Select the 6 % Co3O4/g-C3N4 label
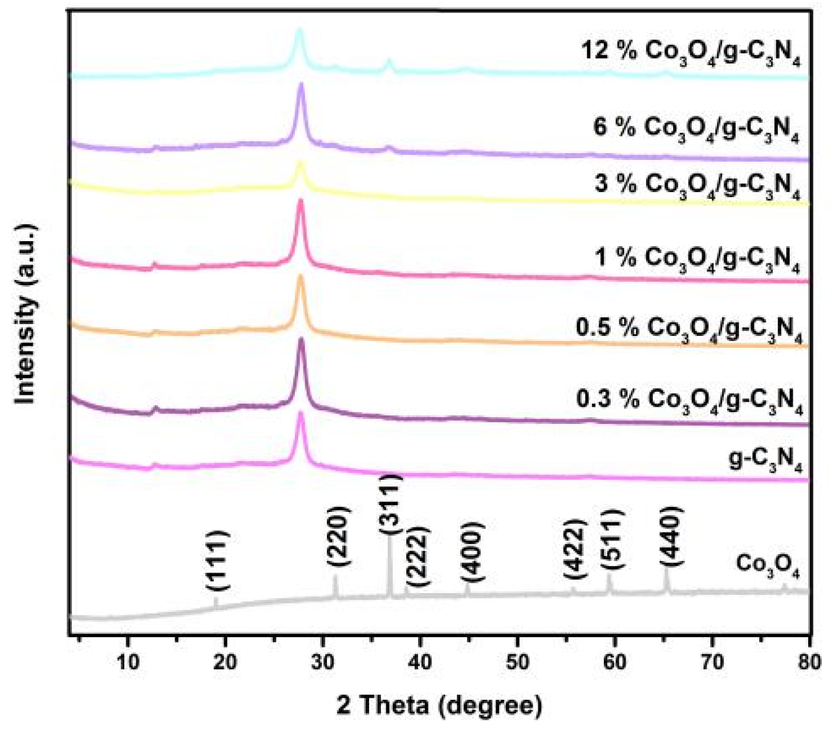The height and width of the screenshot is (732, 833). coord(696,129)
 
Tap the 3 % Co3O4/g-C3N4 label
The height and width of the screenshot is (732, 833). coord(697,185)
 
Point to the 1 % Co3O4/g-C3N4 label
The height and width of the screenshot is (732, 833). coord(697,259)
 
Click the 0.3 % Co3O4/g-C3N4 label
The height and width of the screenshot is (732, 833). coord(689,401)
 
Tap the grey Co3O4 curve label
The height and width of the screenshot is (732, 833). coord(768,567)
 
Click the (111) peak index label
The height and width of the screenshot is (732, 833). coord(217,561)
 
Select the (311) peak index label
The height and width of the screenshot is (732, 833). coord(390,503)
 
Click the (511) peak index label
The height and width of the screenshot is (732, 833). coord(611,539)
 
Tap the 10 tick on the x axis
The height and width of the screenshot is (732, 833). coord(128,661)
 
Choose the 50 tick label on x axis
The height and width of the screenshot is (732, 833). coord(517,661)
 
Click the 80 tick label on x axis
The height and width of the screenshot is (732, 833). coord(809,661)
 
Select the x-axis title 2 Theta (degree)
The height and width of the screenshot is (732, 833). coord(439,705)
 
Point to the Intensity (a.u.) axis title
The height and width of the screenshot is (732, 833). coord(26,314)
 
